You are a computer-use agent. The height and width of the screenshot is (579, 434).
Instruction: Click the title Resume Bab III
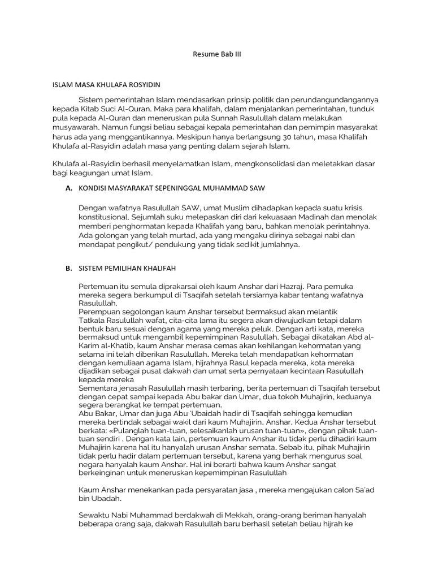[x=217, y=55]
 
